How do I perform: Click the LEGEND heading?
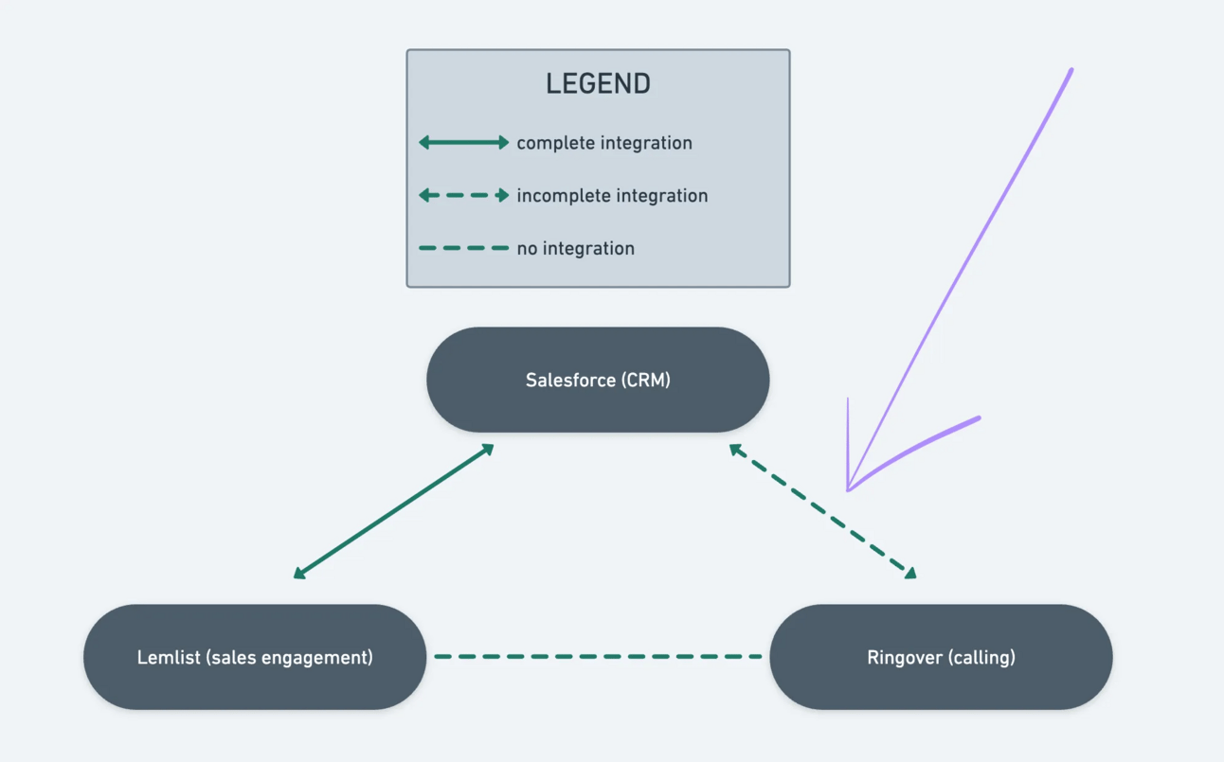[598, 83]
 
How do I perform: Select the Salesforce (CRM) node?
[598, 380]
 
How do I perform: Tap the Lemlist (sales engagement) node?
[255, 657]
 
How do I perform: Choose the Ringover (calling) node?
[941, 657]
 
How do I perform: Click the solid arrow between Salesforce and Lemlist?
[393, 511]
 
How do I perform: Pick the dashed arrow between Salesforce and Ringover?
[822, 511]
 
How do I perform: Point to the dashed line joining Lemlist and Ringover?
[598, 656]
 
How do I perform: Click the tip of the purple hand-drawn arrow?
[849, 488]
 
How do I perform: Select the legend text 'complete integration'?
[604, 143]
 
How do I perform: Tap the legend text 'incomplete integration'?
[612, 196]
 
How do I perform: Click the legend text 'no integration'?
[575, 249]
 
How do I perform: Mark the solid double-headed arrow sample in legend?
[464, 143]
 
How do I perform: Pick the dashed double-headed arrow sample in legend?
[464, 196]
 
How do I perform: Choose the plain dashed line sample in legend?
[464, 248]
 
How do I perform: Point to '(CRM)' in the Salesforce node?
[646, 380]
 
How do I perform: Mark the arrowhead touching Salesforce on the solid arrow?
[488, 449]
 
